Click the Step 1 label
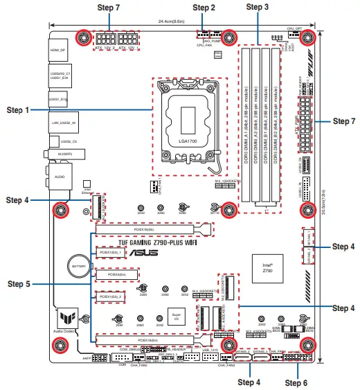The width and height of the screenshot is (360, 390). pyautogui.click(x=18, y=110)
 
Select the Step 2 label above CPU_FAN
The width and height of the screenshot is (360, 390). pyautogui.click(x=204, y=8)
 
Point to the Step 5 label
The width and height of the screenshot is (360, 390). pyautogui.click(x=18, y=283)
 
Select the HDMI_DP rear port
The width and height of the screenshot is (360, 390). pyautogui.click(x=57, y=51)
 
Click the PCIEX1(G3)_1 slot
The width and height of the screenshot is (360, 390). pyautogui.click(x=110, y=254)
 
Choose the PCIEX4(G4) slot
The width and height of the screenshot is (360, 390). pyautogui.click(x=111, y=275)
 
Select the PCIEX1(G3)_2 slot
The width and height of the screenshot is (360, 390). pyautogui.click(x=110, y=297)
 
